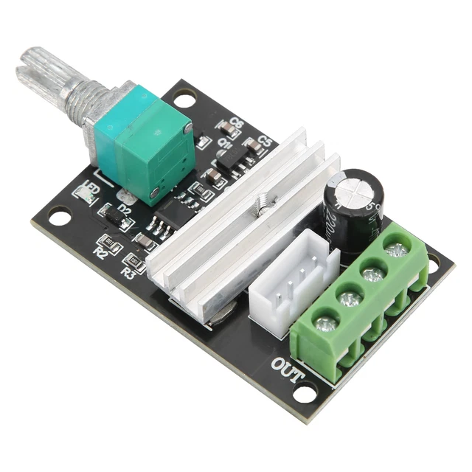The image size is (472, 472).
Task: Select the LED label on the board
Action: (92, 187)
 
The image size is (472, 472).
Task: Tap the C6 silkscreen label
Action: (237, 122)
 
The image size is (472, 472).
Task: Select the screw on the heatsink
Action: (262, 201)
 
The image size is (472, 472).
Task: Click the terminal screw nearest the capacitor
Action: (397, 250)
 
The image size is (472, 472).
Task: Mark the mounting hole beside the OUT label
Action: (303, 392)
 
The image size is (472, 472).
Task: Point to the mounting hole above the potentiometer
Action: (184, 97)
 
